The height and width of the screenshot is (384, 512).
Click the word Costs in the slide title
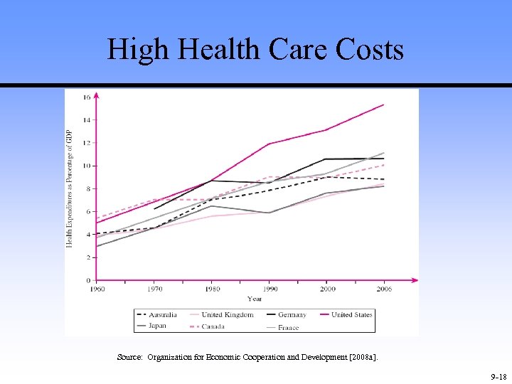[x=371, y=50]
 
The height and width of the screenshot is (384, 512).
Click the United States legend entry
[x=351, y=314]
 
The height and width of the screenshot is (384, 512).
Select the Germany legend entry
[x=292, y=314]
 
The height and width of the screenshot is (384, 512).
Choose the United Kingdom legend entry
[x=227, y=314]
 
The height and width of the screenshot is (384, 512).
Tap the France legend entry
[x=288, y=327]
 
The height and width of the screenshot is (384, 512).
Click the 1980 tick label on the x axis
[x=212, y=289]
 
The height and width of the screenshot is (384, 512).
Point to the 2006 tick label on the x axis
[x=384, y=289]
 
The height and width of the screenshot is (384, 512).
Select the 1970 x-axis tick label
[x=154, y=289]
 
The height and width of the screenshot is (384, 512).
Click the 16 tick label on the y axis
[x=86, y=97]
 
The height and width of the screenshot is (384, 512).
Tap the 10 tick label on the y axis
[x=86, y=166]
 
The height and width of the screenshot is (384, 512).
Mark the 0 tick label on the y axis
[x=88, y=280]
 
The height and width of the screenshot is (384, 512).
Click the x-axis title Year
[x=255, y=299]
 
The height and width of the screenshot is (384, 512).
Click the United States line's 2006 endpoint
[x=383, y=105]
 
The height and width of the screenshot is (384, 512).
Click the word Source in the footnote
[x=129, y=358]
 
